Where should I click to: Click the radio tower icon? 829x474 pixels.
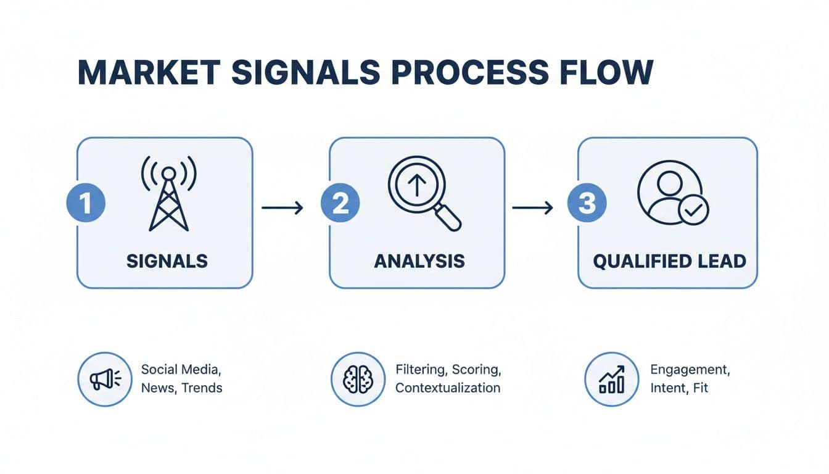coord(168,192)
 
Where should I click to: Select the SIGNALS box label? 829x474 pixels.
coord(167,260)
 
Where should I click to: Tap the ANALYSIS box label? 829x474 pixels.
coord(419,260)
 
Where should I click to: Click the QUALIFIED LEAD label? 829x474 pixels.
coord(669,260)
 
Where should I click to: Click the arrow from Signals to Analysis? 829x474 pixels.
coord(283,208)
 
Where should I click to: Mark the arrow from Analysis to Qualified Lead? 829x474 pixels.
coord(533,208)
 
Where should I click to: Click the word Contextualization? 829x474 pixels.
coord(448,388)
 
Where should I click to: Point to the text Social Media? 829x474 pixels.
coord(181,370)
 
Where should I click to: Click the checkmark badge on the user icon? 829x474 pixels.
coord(693,211)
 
